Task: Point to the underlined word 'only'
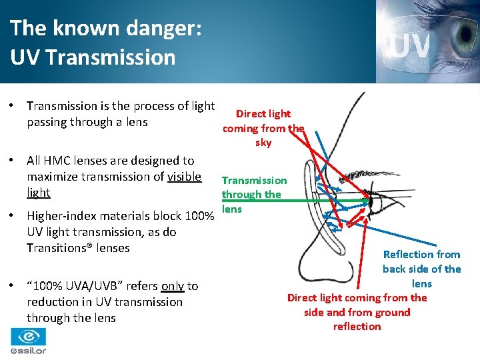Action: click(x=173, y=286)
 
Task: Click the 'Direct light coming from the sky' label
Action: click(x=263, y=128)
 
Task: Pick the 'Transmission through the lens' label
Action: click(x=254, y=195)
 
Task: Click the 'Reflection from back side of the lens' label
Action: click(x=421, y=269)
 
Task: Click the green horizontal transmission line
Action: click(x=300, y=200)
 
